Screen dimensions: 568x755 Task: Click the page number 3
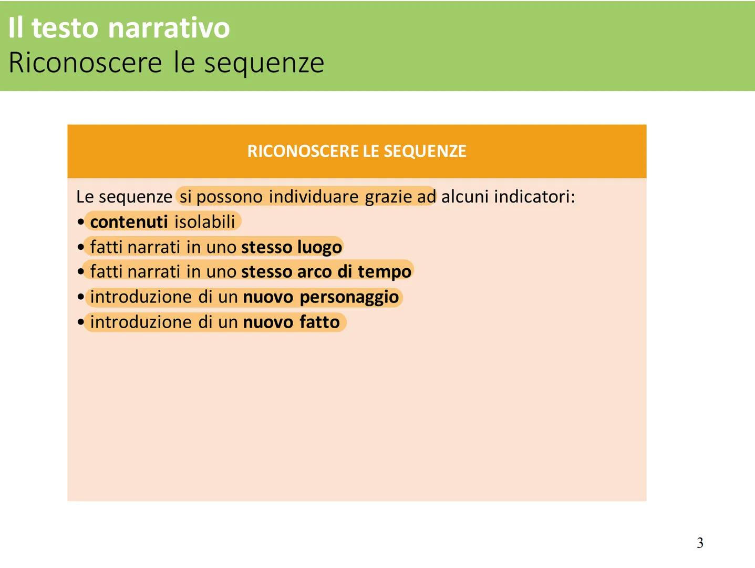[700, 543]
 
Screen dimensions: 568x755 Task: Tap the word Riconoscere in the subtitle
[85, 63]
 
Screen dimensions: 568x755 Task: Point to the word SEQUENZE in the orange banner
[425, 151]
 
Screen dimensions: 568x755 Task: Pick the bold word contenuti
[129, 222]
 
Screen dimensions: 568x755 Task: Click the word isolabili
[205, 222]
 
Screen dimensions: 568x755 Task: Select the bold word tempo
[385, 272]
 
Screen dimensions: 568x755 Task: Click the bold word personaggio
[349, 297]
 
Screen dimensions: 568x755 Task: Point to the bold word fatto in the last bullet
[319, 322]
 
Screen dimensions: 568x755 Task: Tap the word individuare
[314, 197]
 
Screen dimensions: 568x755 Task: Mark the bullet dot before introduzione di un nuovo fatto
[80, 322]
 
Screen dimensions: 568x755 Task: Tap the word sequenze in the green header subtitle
[264, 63]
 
